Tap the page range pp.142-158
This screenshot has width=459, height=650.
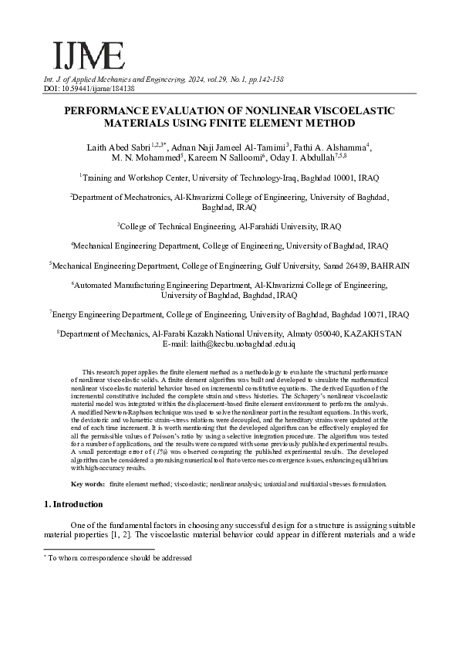click(261, 80)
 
